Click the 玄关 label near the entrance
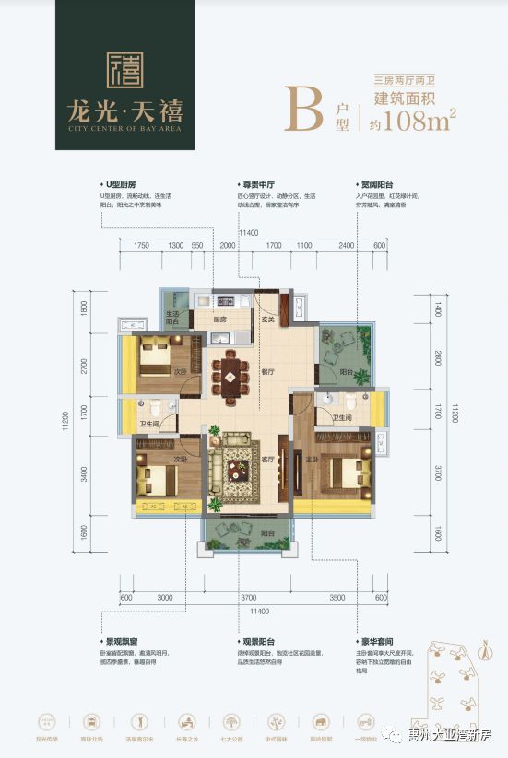tap(268, 319)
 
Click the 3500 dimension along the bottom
tap(337, 597)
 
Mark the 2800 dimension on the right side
tap(427, 357)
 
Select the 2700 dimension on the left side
tap(84, 367)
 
